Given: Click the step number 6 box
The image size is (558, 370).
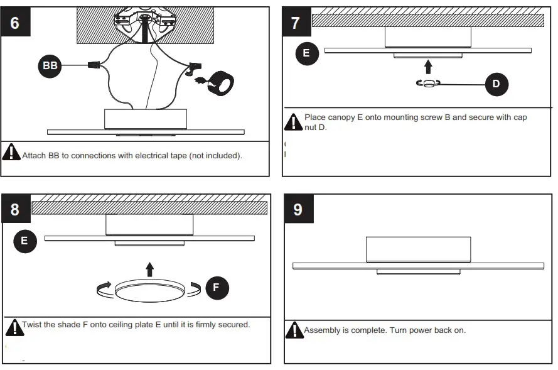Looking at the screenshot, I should pos(16,23).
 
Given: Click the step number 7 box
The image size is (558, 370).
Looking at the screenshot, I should pos(296,23).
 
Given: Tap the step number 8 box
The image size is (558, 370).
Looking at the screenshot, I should pos(16,209).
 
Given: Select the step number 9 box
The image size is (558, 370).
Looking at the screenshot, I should pos(298,209).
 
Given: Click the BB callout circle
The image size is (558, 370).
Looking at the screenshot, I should pos(50,66).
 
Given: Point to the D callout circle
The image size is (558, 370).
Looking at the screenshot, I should pos(496,84).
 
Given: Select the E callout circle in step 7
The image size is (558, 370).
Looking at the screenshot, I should pos(306,53).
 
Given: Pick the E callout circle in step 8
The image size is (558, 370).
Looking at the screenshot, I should pos(24,241).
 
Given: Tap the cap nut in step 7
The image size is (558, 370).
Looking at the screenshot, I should pos(429,84).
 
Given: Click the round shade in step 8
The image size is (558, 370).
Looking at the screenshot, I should pos(149,291).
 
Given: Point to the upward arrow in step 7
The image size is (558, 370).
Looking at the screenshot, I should pos(428,67).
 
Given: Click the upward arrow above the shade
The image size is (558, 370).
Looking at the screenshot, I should pos(149,269).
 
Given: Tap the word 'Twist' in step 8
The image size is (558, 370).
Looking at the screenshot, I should pos(33,325).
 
